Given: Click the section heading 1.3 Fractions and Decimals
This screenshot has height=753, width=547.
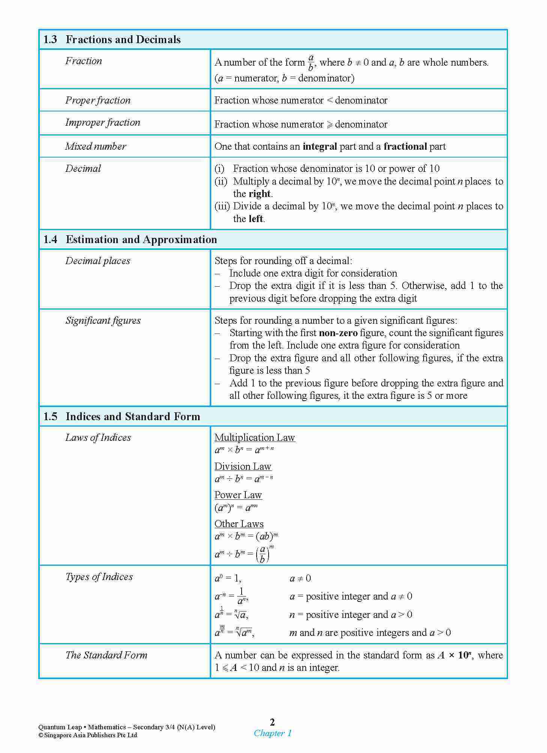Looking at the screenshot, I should pos(112,40).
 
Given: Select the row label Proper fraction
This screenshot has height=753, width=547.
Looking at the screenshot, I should pos(98,100).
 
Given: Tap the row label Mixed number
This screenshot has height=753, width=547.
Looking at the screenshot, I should pos(96,146).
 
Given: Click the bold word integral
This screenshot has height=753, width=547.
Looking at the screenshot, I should pos(320,147).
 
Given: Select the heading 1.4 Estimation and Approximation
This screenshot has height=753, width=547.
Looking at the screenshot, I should pos(130,240).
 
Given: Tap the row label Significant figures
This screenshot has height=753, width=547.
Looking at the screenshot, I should pos(103,320).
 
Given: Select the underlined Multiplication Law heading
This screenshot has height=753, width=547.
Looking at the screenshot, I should pos(255,437).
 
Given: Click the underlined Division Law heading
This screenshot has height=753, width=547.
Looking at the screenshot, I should pos(243,466).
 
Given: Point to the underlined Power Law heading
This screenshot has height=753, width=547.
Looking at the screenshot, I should pos(238,495).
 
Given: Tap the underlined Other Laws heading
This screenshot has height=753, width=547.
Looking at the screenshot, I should pos(239,524).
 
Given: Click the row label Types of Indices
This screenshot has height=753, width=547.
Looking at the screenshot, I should pos(99,577).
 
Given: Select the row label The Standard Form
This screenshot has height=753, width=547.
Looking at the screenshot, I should pos(106,655).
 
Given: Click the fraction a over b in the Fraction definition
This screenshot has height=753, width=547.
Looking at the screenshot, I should pos(311,63).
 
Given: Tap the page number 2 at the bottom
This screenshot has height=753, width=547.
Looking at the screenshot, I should pos(272,722).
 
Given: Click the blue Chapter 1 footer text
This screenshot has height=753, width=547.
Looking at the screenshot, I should pos(272,733).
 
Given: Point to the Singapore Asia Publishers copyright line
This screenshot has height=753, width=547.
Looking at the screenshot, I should pos(88,735).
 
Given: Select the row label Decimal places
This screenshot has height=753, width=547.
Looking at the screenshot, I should pos(98,261).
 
